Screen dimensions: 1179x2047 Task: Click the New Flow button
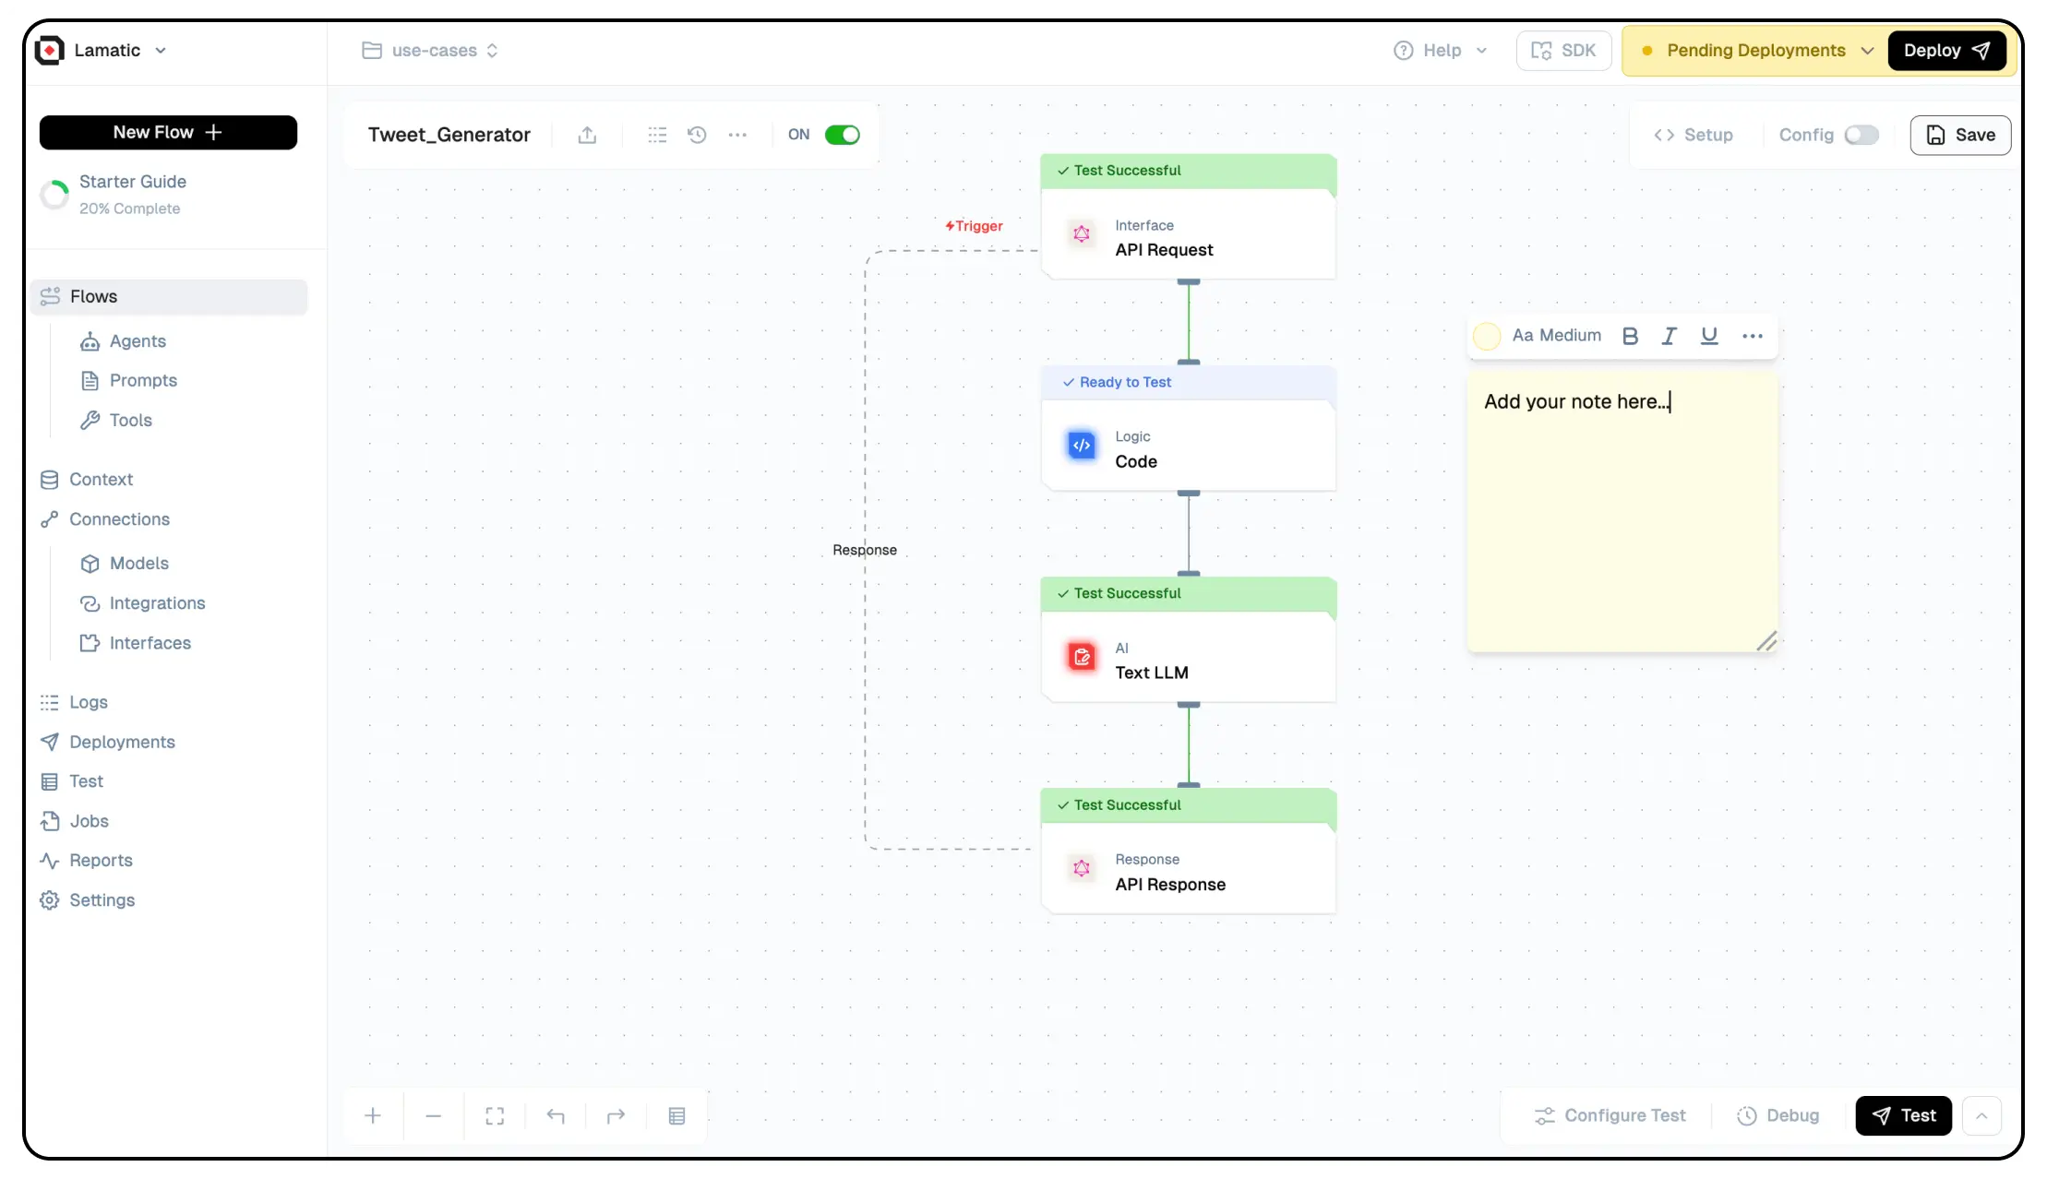click(x=168, y=133)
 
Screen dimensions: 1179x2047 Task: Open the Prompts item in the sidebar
click(x=143, y=380)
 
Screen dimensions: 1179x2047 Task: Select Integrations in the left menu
click(x=157, y=603)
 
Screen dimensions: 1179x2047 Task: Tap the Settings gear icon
click(x=50, y=900)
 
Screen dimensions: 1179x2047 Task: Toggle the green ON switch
click(x=842, y=135)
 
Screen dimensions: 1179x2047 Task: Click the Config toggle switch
click(x=1861, y=135)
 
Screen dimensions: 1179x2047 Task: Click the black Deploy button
click(x=1946, y=51)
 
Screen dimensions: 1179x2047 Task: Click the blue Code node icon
click(x=1082, y=446)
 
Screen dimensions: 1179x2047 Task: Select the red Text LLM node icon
click(x=1082, y=657)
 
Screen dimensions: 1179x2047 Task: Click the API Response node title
click(x=1170, y=885)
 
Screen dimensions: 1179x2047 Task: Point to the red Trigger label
click(x=975, y=226)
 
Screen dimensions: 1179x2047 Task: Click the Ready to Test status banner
click(x=1188, y=382)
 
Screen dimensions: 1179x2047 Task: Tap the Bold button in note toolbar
click(x=1630, y=336)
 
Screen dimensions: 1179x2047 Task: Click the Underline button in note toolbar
click(x=1709, y=336)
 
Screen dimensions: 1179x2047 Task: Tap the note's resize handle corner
click(x=1766, y=641)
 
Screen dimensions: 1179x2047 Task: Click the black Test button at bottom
click(x=1903, y=1115)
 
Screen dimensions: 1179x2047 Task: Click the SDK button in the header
click(x=1563, y=51)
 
